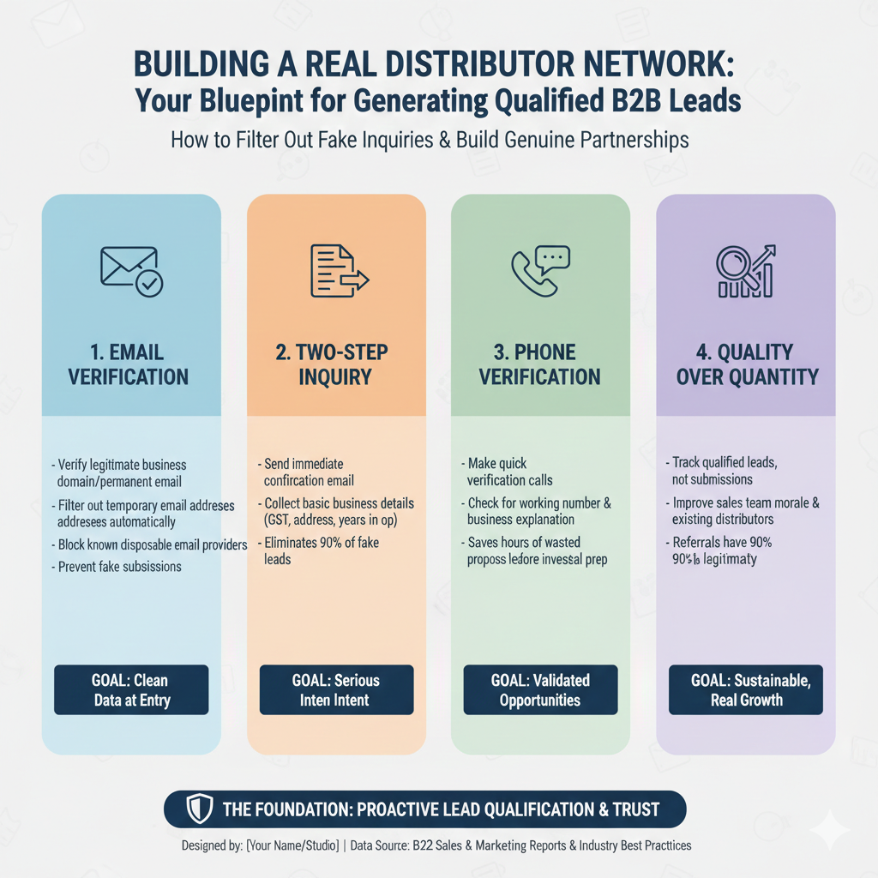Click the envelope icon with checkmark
(x=132, y=272)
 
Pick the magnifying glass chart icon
(x=745, y=272)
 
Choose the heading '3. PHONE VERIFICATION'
(x=540, y=364)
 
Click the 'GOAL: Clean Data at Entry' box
(x=131, y=689)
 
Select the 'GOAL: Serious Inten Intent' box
(x=336, y=689)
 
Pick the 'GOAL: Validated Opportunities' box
(x=540, y=689)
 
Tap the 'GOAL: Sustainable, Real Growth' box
(x=746, y=689)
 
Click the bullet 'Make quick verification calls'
(x=509, y=472)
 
